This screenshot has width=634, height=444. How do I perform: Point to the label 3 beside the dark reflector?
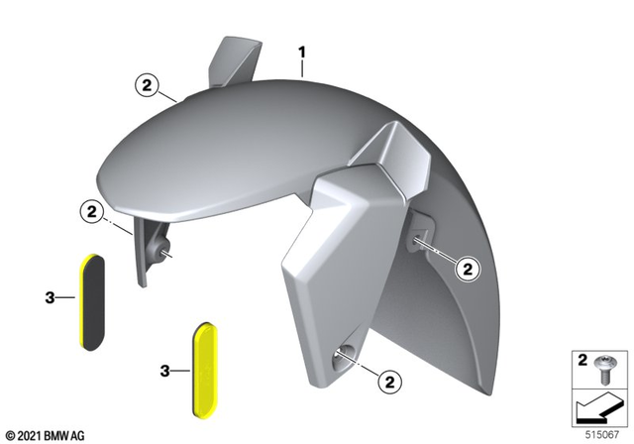(x=52, y=296)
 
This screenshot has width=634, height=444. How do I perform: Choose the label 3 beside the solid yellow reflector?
(x=166, y=371)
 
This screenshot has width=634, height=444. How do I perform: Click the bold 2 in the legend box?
(x=583, y=359)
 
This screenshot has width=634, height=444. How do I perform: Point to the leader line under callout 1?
(x=303, y=66)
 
